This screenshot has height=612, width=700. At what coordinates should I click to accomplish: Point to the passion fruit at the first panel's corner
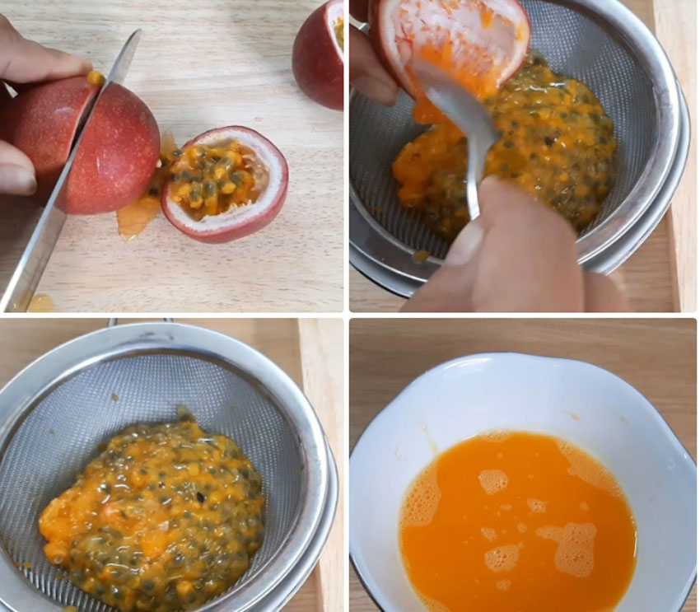320,54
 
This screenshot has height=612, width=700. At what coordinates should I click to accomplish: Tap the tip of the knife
8,305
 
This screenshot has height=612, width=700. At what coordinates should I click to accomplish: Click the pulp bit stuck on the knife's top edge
96,78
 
